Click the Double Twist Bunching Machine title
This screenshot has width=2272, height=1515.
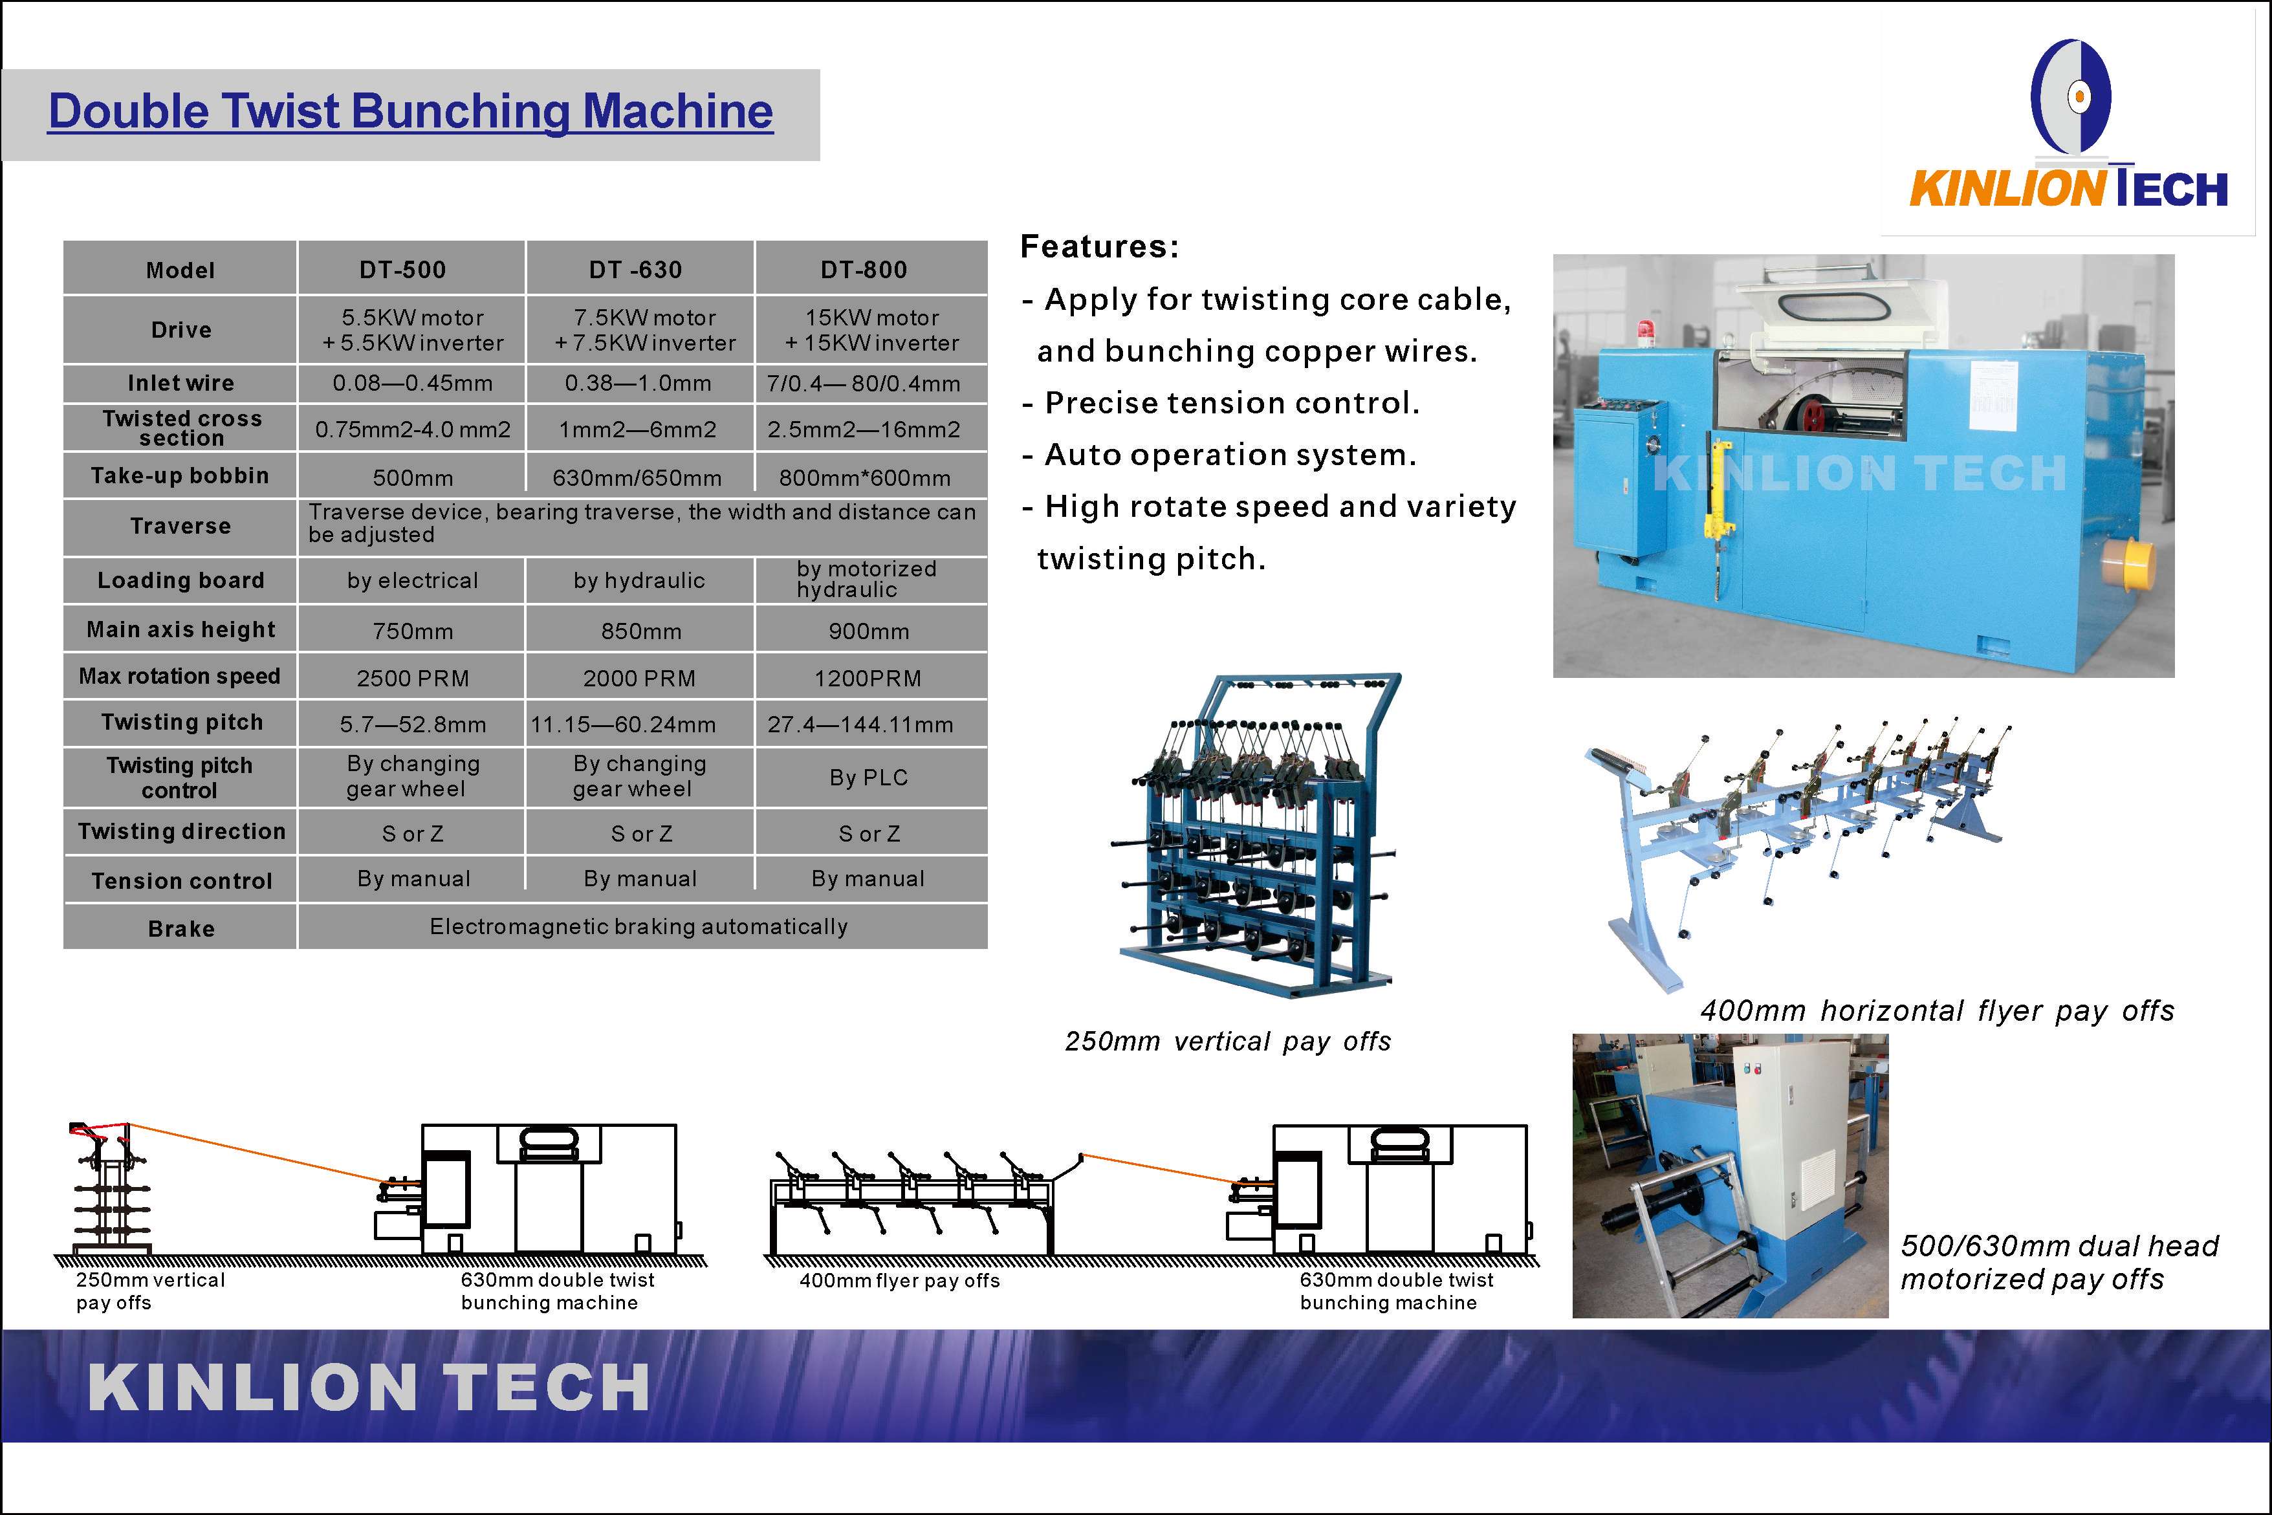[411, 111]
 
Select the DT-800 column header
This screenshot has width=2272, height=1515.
[864, 270]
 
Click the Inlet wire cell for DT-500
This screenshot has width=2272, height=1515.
[413, 384]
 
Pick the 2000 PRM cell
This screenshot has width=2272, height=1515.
[639, 679]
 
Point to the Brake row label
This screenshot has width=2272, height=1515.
[180, 928]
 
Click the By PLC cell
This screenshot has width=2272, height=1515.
[868, 778]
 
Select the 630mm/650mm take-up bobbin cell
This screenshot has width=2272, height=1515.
[638, 478]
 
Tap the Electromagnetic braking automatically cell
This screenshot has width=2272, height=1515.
[639, 926]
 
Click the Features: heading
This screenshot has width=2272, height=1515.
[1099, 246]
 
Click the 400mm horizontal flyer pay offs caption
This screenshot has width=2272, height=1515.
[1937, 1010]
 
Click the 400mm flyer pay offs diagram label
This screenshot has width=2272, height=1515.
[899, 1281]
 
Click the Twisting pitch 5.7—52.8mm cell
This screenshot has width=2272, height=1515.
[413, 725]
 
